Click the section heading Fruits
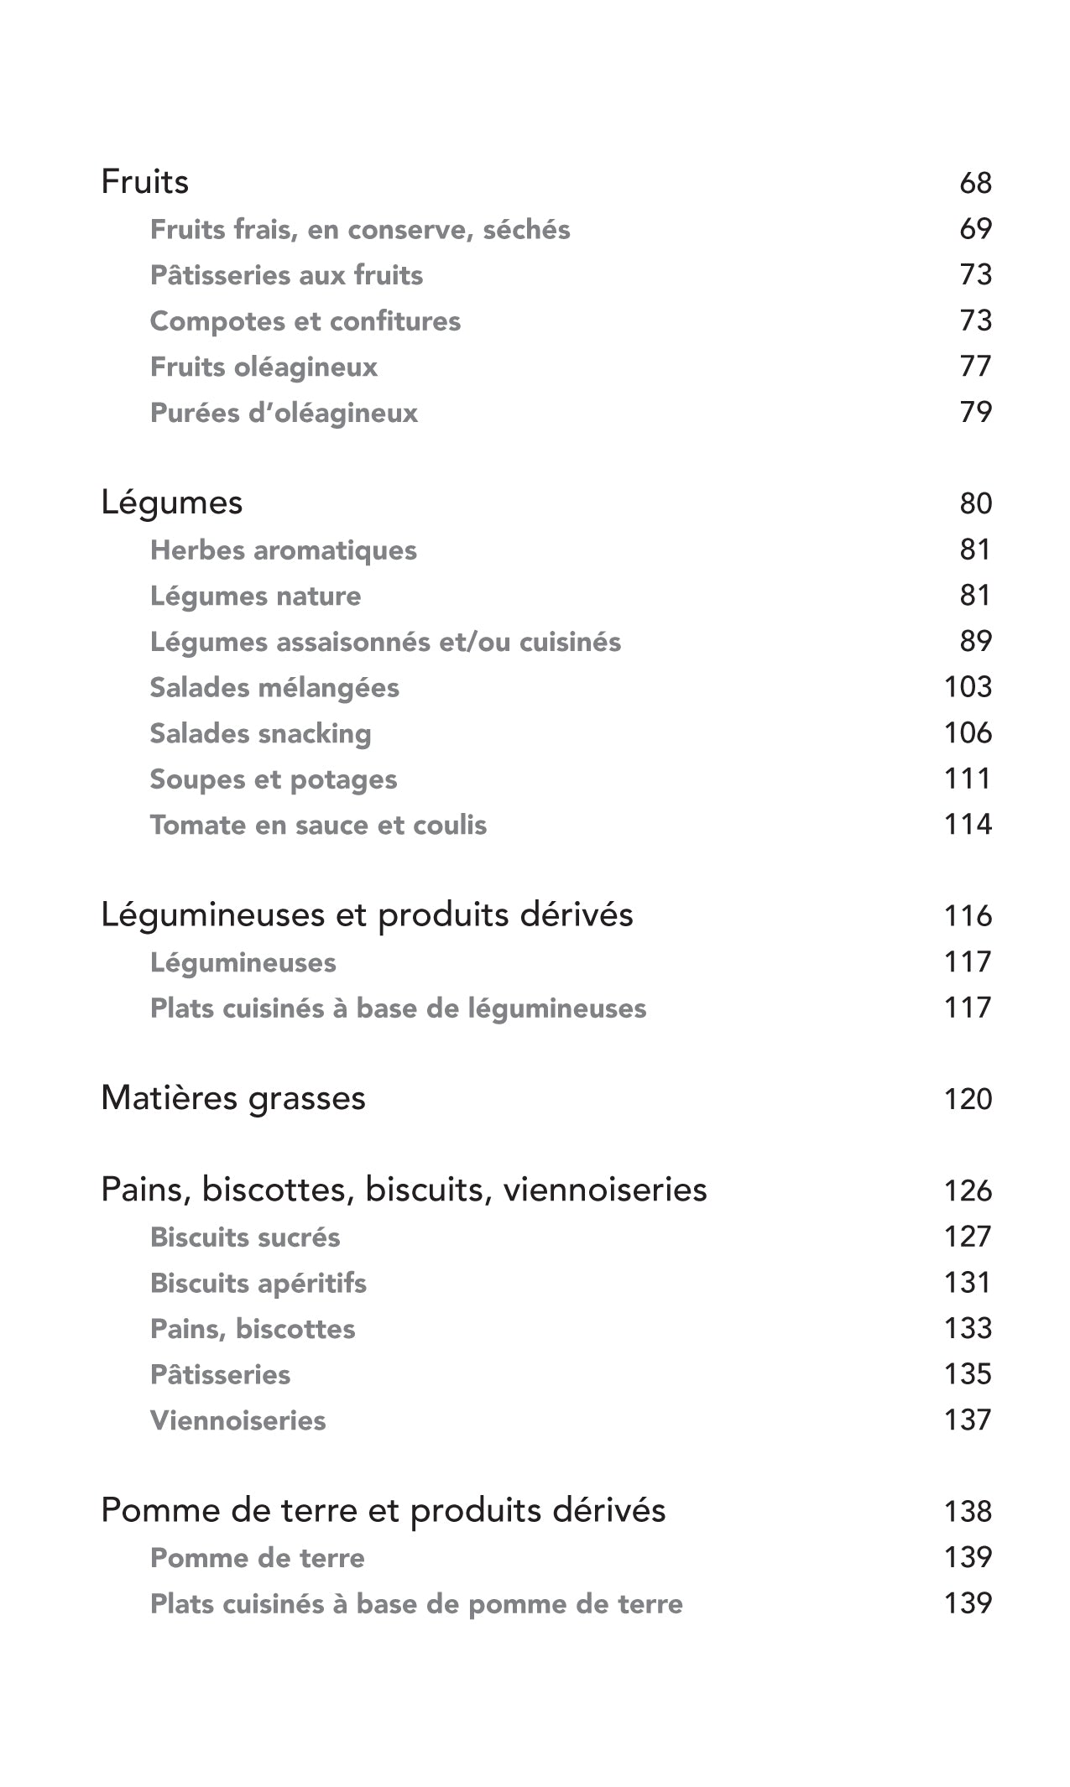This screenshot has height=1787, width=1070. [144, 182]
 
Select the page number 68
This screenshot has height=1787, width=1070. [975, 183]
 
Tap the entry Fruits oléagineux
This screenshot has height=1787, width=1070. [264, 367]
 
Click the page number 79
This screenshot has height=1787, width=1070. [975, 412]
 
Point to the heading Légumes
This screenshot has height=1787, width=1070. [171, 503]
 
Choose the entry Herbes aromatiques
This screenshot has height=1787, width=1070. [283, 550]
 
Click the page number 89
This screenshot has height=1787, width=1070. [975, 641]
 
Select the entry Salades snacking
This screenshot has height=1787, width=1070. [260, 733]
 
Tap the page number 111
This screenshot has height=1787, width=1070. [968, 779]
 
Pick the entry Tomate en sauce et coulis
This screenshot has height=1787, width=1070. [318, 825]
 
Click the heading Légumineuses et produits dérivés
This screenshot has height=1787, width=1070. [367, 914]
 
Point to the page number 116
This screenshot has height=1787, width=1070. [968, 915]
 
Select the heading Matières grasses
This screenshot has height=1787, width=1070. [233, 1098]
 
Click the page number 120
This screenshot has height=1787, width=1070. [968, 1099]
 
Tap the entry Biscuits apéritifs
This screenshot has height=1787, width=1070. [258, 1283]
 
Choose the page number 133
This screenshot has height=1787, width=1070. [968, 1328]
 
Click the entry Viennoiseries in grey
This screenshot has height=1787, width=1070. [237, 1420]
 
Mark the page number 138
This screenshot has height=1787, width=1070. [968, 1511]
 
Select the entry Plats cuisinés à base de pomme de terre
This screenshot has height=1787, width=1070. [416, 1604]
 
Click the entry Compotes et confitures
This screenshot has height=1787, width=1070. [305, 320]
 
